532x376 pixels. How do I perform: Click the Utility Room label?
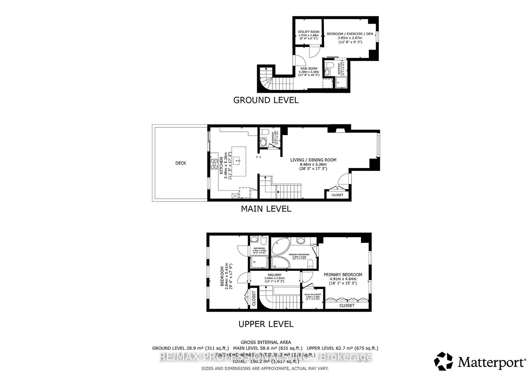pyautogui.click(x=308, y=32)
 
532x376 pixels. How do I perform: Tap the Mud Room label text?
pyautogui.click(x=309, y=69)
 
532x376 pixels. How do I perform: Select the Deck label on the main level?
pyautogui.click(x=181, y=163)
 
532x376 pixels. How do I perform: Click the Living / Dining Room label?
pyautogui.click(x=313, y=160)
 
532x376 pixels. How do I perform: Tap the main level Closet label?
pyautogui.click(x=337, y=195)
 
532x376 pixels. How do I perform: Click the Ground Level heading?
pyautogui.click(x=266, y=100)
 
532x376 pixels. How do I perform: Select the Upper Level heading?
pyautogui.click(x=266, y=324)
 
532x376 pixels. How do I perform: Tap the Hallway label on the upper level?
pyautogui.click(x=274, y=275)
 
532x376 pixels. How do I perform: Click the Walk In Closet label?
pyautogui.click(x=313, y=295)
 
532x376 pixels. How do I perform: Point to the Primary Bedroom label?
pyautogui.click(x=343, y=275)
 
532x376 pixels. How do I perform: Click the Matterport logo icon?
pyautogui.click(x=443, y=361)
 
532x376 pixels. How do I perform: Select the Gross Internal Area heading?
pyautogui.click(x=266, y=342)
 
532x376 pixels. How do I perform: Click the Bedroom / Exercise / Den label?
pyautogui.click(x=350, y=34)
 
